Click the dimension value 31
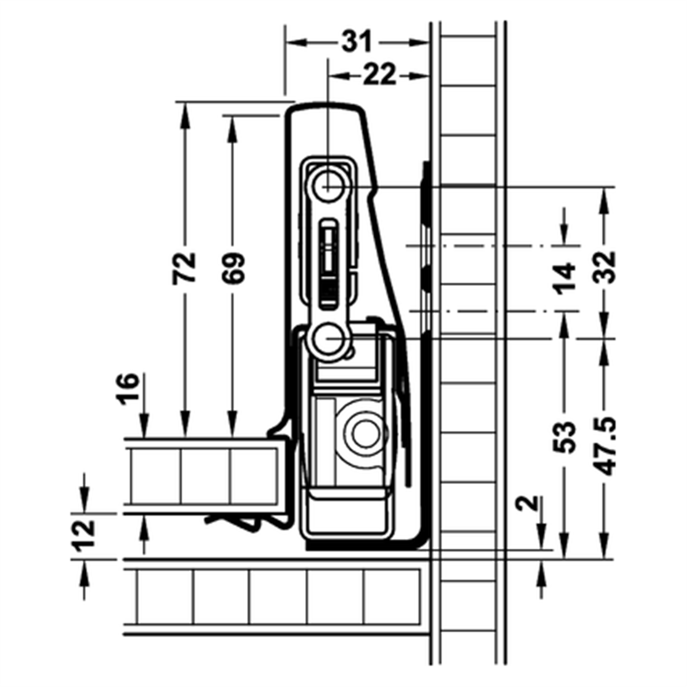click(357, 42)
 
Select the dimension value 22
click(379, 75)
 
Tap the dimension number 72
click(184, 267)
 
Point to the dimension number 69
click(232, 267)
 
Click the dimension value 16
click(128, 389)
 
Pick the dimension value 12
click(84, 536)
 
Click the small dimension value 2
click(529, 503)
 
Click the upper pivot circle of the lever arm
click(329, 187)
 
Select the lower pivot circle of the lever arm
click(328, 339)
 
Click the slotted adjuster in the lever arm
click(328, 263)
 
